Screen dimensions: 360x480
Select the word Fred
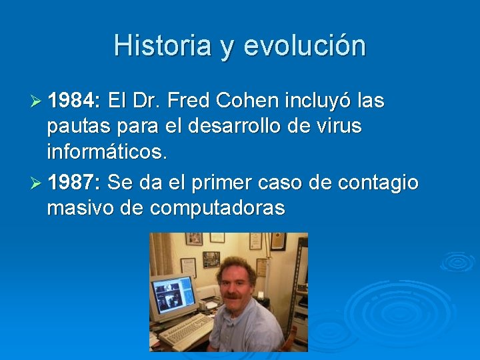point(190,101)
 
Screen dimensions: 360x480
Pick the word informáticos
point(107,153)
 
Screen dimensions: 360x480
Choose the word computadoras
point(217,208)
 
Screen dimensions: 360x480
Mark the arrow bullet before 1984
point(37,101)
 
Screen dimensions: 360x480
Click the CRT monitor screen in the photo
point(173,293)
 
